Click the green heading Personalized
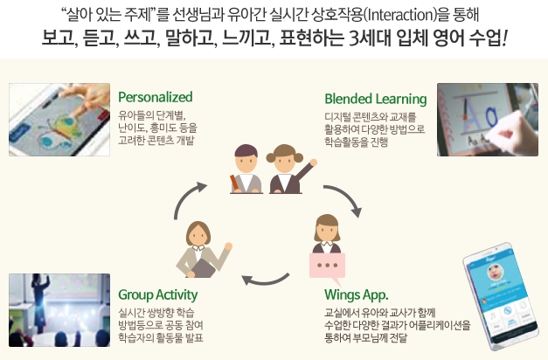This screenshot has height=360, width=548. pyautogui.click(x=156, y=98)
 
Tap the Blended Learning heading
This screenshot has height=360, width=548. pyautogui.click(x=375, y=99)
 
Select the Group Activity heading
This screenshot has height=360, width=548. pyautogui.click(x=157, y=294)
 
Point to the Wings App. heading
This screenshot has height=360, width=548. pyautogui.click(x=356, y=294)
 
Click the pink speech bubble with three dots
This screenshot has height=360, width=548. pyautogui.click(x=327, y=267)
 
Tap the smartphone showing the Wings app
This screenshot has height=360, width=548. pyautogui.click(x=501, y=296)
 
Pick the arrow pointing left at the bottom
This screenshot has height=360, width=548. pyautogui.click(x=266, y=280)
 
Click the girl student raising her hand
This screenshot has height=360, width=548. pyautogui.click(x=291, y=170)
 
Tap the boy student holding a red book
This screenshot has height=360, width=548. pyautogui.click(x=246, y=170)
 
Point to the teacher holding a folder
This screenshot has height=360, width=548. pyautogui.click(x=204, y=250)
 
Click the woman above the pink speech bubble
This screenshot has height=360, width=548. pyautogui.click(x=327, y=233)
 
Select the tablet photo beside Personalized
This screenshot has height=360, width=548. pyautogui.click(x=59, y=120)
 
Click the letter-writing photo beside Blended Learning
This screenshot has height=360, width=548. pyautogui.click(x=488, y=120)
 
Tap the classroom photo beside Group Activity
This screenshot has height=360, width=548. pyautogui.click(x=59, y=310)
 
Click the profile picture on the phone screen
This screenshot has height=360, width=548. pyautogui.click(x=496, y=273)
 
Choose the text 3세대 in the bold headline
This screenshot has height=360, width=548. pyautogui.click(x=370, y=38)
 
